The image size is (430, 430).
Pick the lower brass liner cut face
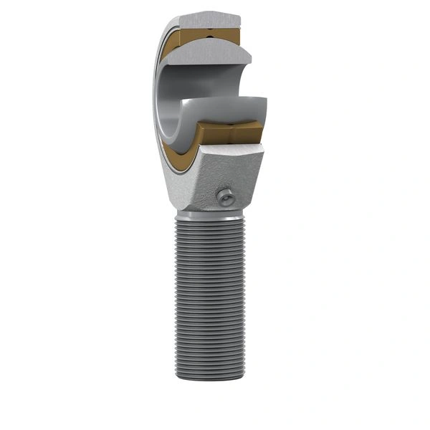tap(236, 132)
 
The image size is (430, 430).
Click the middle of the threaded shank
tap(208, 301)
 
